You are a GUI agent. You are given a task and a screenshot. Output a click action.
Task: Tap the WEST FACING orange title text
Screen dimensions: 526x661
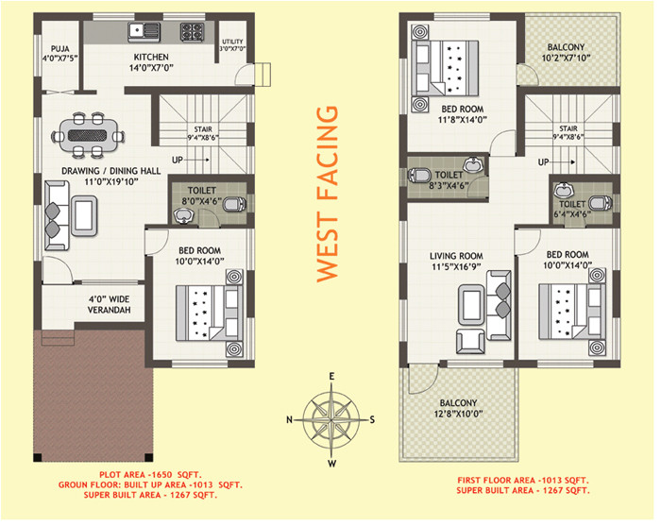tap(327, 193)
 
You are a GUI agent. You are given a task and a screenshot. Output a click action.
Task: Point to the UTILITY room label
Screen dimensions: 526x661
tap(232, 45)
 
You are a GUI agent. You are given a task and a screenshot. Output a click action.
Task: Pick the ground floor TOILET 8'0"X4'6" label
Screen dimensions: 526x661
tap(203, 195)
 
